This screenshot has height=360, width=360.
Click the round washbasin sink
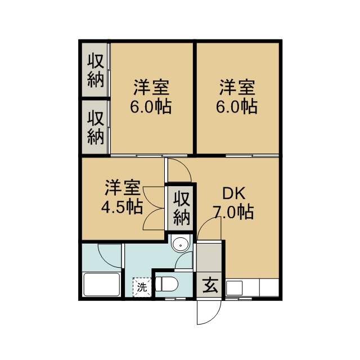click(x=180, y=245)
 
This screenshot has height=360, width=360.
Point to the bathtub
click(x=101, y=285)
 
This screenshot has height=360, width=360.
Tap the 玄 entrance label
click(x=210, y=285)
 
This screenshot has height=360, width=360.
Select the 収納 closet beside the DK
click(x=181, y=208)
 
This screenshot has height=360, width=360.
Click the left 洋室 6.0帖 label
click(x=151, y=97)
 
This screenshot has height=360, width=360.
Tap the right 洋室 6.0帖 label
click(x=237, y=97)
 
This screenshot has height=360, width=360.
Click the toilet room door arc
click(x=184, y=262)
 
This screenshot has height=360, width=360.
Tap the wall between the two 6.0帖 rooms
click(x=195, y=97)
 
